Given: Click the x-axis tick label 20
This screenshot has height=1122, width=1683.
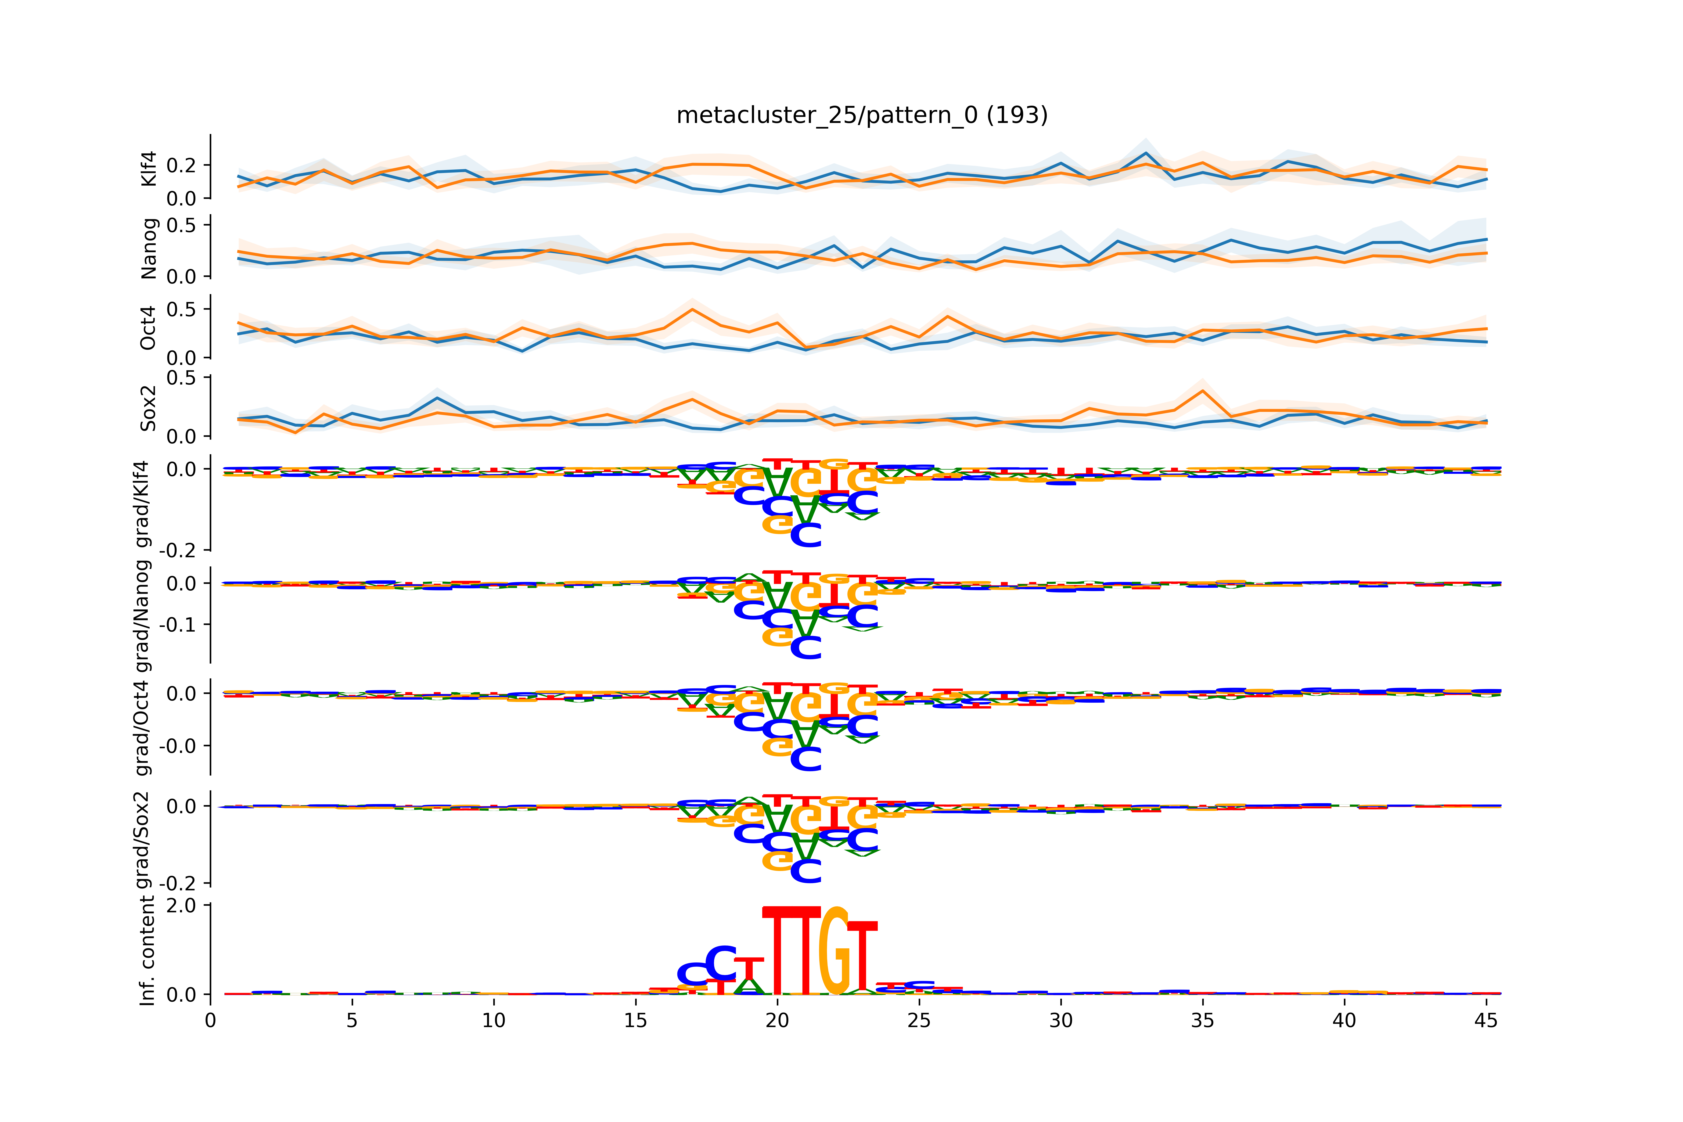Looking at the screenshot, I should point(777,1020).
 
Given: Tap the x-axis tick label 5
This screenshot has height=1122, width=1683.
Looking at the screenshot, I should point(351,1020).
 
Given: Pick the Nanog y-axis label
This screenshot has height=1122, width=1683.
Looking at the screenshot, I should point(148,248).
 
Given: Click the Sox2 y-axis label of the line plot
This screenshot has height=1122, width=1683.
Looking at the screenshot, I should point(148,408).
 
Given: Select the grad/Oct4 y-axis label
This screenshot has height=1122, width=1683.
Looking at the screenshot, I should point(143,728).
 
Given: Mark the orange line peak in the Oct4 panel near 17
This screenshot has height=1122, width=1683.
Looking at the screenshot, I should point(692,309).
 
